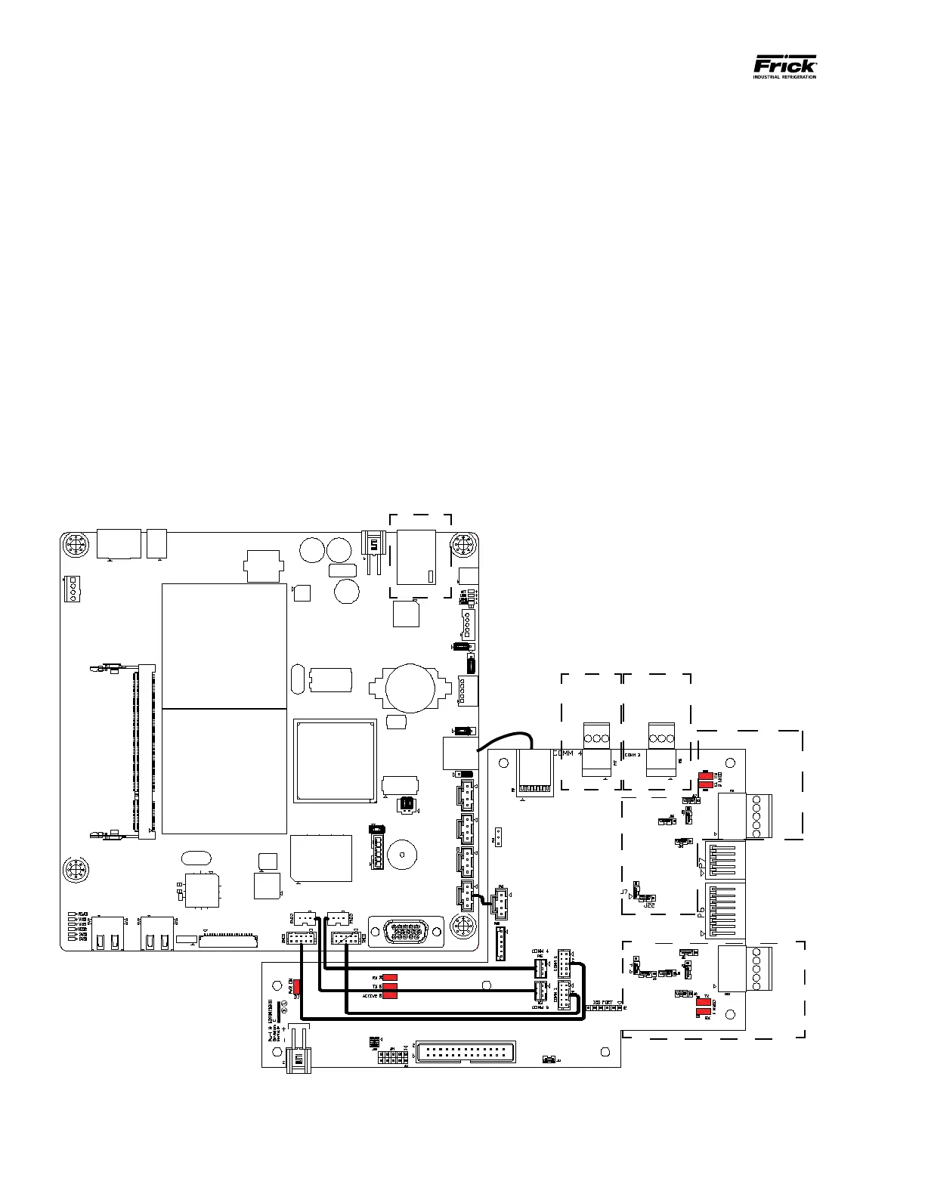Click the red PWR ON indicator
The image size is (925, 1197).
(297, 986)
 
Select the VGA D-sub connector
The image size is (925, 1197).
(407, 931)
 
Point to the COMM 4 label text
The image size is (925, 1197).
(568, 753)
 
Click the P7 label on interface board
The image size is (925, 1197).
(702, 863)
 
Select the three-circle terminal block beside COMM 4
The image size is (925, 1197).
(597, 738)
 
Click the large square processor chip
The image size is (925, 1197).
(336, 759)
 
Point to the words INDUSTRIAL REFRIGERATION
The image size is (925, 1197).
(784, 76)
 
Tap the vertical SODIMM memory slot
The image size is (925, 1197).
(144, 752)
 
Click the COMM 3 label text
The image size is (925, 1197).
(633, 754)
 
